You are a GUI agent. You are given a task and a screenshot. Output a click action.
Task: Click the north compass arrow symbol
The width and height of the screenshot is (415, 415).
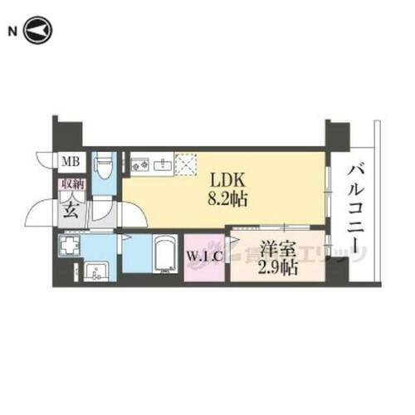point(39,32)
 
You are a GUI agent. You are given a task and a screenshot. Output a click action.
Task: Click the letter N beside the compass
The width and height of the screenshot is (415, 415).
point(12,32)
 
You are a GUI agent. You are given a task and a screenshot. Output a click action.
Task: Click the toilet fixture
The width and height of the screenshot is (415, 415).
point(105,169)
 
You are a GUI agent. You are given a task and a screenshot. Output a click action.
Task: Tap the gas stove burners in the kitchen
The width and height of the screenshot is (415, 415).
point(139,163)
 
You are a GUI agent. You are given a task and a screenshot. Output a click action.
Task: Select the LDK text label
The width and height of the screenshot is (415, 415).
point(225,178)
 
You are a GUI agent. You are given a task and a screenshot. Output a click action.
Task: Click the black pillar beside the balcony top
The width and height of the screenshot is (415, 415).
point(337,134)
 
